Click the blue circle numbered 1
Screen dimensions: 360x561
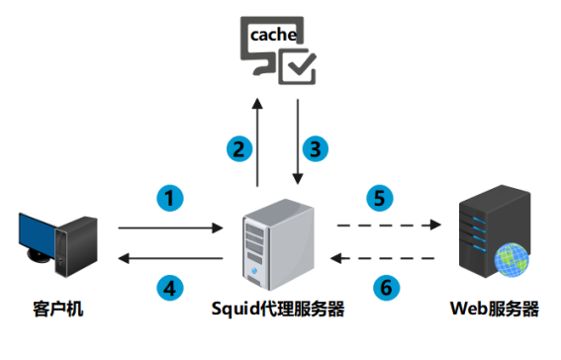(171, 197)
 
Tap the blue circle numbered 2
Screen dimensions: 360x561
(236, 148)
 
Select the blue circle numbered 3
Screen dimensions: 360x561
(315, 148)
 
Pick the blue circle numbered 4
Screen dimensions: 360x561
(171, 288)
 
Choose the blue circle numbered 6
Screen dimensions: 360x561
(386, 288)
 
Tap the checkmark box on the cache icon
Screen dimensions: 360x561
(297, 67)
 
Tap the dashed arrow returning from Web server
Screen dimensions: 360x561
(387, 258)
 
